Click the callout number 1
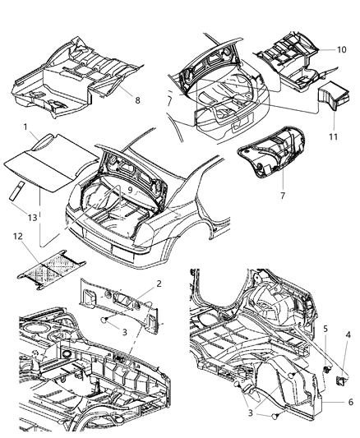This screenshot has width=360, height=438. pos(26,127)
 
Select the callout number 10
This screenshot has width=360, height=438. pos(340,49)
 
